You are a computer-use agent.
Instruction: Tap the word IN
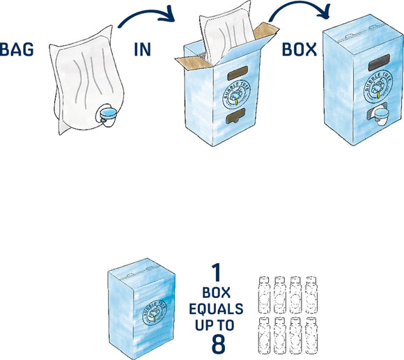pyautogui.click(x=143, y=50)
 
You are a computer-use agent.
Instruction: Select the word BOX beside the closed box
pyautogui.click(x=300, y=50)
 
